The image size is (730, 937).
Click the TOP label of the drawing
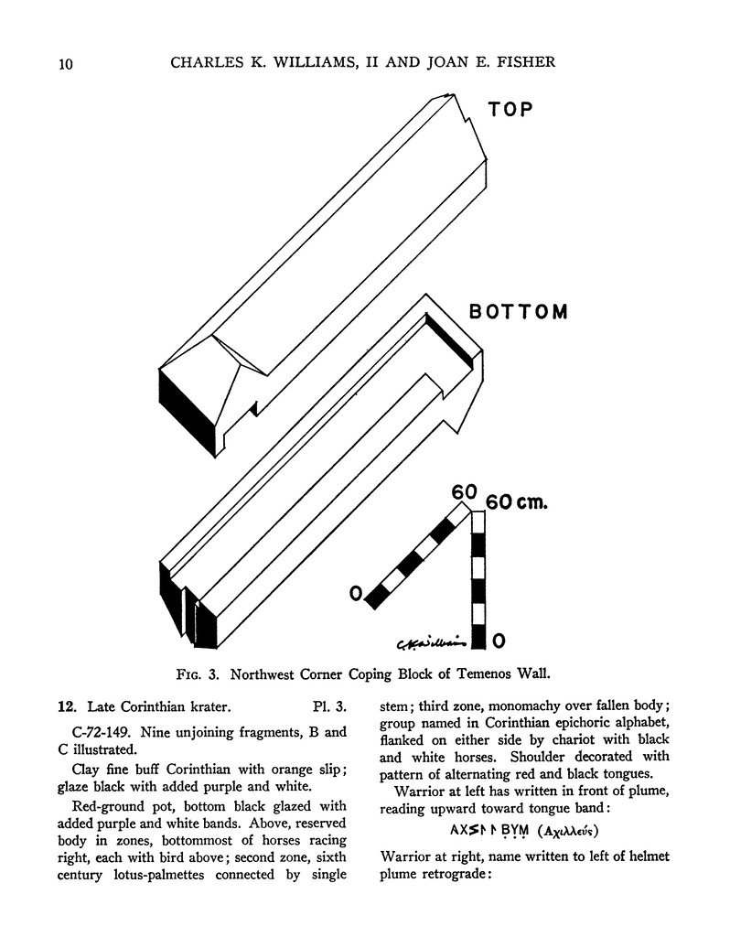tap(510, 110)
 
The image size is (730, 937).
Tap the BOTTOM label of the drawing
tap(518, 312)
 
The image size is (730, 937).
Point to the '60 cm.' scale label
tap(517, 503)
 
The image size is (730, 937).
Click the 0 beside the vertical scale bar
tap(499, 638)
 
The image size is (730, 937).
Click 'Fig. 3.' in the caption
tap(198, 677)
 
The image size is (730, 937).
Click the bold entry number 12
tap(65, 706)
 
